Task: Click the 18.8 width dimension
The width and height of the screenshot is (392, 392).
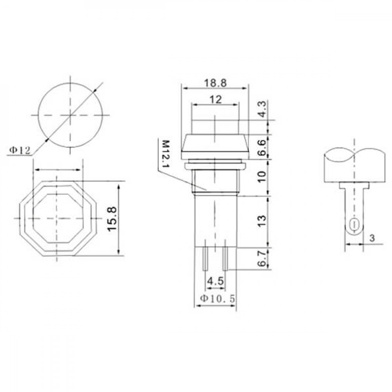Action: (x=216, y=83)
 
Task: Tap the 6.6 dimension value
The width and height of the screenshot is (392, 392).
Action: (x=262, y=147)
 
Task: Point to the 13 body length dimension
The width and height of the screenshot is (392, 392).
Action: (x=262, y=220)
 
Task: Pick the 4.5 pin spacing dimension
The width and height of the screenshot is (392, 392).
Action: (x=215, y=281)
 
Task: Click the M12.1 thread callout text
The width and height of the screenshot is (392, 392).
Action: (x=165, y=154)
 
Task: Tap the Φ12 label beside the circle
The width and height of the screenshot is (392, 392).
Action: (x=20, y=150)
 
